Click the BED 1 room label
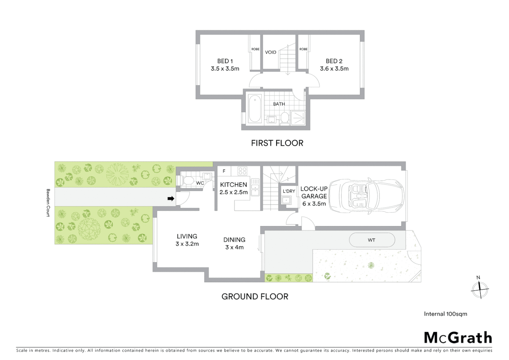[225, 61]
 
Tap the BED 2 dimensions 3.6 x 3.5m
[334, 69]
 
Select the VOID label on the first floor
[270, 52]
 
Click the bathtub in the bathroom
[255, 109]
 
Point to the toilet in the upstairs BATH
[284, 118]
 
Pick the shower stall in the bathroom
[298, 118]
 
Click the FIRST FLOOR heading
[277, 143]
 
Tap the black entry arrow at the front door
[171, 199]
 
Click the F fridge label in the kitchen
[224, 171]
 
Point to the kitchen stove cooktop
[242, 171]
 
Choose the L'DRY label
[289, 191]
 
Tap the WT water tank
[372, 240]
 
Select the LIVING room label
[187, 236]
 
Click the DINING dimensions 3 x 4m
[234, 247]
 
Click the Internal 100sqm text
[445, 314]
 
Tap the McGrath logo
[458, 338]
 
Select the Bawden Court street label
[48, 203]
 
